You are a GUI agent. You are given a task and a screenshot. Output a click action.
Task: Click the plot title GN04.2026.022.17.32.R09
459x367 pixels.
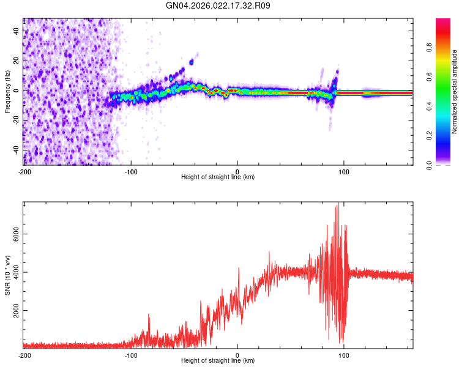pos(218,6)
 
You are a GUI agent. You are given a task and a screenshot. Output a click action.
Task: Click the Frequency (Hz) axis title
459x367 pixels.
pos(7,92)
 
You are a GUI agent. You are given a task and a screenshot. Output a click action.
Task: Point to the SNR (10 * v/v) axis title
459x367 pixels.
pos(7,275)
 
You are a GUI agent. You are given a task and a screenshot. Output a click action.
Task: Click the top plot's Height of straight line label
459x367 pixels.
pos(218,177)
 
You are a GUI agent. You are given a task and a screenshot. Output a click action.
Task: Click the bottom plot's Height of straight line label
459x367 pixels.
pos(218,360)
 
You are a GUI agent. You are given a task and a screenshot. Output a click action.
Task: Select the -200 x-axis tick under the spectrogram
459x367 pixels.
pos(24,171)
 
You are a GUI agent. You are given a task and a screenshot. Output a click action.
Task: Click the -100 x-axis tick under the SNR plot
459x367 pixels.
pos(131,354)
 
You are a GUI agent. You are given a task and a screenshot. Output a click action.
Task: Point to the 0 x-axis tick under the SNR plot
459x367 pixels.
pos(237,354)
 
